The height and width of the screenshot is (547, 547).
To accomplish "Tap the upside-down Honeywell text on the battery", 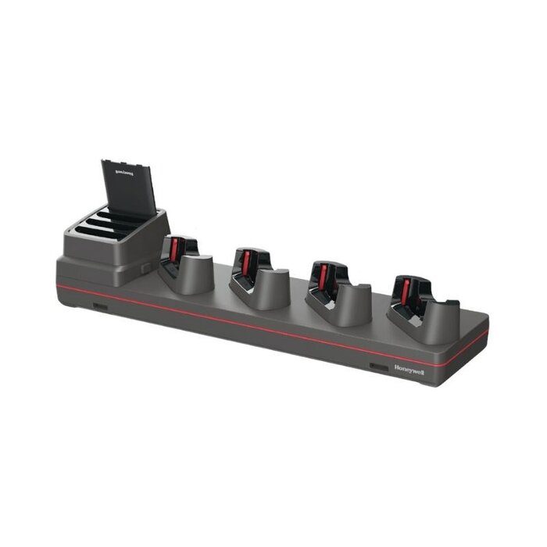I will (126, 168).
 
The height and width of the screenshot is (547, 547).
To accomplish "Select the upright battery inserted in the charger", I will (129, 188).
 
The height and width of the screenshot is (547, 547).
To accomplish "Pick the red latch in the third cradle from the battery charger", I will (322, 276).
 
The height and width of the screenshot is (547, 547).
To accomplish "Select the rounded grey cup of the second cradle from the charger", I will (270, 291).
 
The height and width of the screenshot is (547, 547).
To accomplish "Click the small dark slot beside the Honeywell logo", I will (379, 366).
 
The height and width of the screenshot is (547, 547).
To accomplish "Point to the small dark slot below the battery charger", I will (100, 305).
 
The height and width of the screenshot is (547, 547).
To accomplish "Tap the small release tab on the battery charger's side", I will (146, 267).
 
